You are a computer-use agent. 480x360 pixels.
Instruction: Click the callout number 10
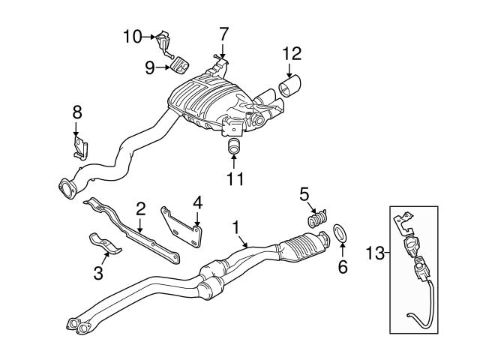[131, 35]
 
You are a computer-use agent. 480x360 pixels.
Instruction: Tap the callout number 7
[223, 33]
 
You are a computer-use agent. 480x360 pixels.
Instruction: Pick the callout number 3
[98, 274]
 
